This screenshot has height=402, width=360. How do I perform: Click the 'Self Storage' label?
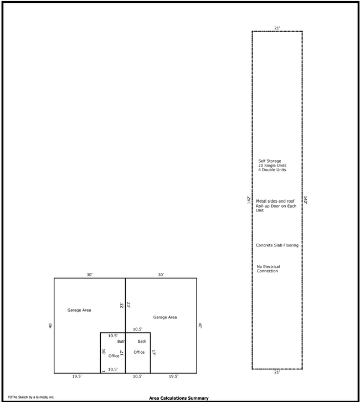(270, 161)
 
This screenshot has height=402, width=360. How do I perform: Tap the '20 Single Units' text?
(272, 166)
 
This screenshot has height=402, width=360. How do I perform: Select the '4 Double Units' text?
(272, 170)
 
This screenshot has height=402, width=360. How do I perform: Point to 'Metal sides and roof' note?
(275, 201)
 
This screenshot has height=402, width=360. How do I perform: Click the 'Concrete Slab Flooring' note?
(277, 245)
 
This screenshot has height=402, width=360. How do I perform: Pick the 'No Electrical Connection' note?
(268, 269)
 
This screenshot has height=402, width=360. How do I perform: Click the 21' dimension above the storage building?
(277, 28)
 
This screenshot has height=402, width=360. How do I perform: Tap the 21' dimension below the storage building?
(277, 372)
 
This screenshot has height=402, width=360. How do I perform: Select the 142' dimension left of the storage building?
(249, 200)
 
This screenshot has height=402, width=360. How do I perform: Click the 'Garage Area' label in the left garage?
(79, 310)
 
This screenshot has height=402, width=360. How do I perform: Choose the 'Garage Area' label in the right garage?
(165, 317)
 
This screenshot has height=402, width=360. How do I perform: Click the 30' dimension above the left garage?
(89, 275)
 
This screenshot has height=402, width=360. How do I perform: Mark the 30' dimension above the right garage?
(161, 275)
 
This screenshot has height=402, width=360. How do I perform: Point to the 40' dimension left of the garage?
(50, 326)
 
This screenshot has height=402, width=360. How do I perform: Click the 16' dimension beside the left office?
(104, 352)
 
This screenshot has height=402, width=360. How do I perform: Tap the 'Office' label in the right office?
(139, 352)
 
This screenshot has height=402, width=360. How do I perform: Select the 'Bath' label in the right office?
(142, 342)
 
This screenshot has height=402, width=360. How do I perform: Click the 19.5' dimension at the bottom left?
(77, 377)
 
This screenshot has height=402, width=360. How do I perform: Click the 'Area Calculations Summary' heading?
(179, 398)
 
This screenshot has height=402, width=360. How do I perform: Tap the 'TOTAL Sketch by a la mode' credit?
(31, 397)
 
